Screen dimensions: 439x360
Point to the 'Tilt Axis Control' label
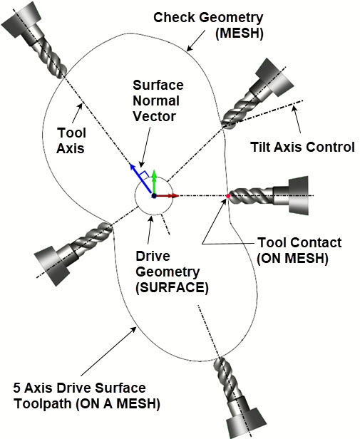[x=302, y=148]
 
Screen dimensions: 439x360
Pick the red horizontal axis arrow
[x=168, y=195]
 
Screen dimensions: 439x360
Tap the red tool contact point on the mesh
[x=228, y=195]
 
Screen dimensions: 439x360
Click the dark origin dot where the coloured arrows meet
[x=153, y=195]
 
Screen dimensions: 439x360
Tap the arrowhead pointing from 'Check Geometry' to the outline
[x=188, y=50]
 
